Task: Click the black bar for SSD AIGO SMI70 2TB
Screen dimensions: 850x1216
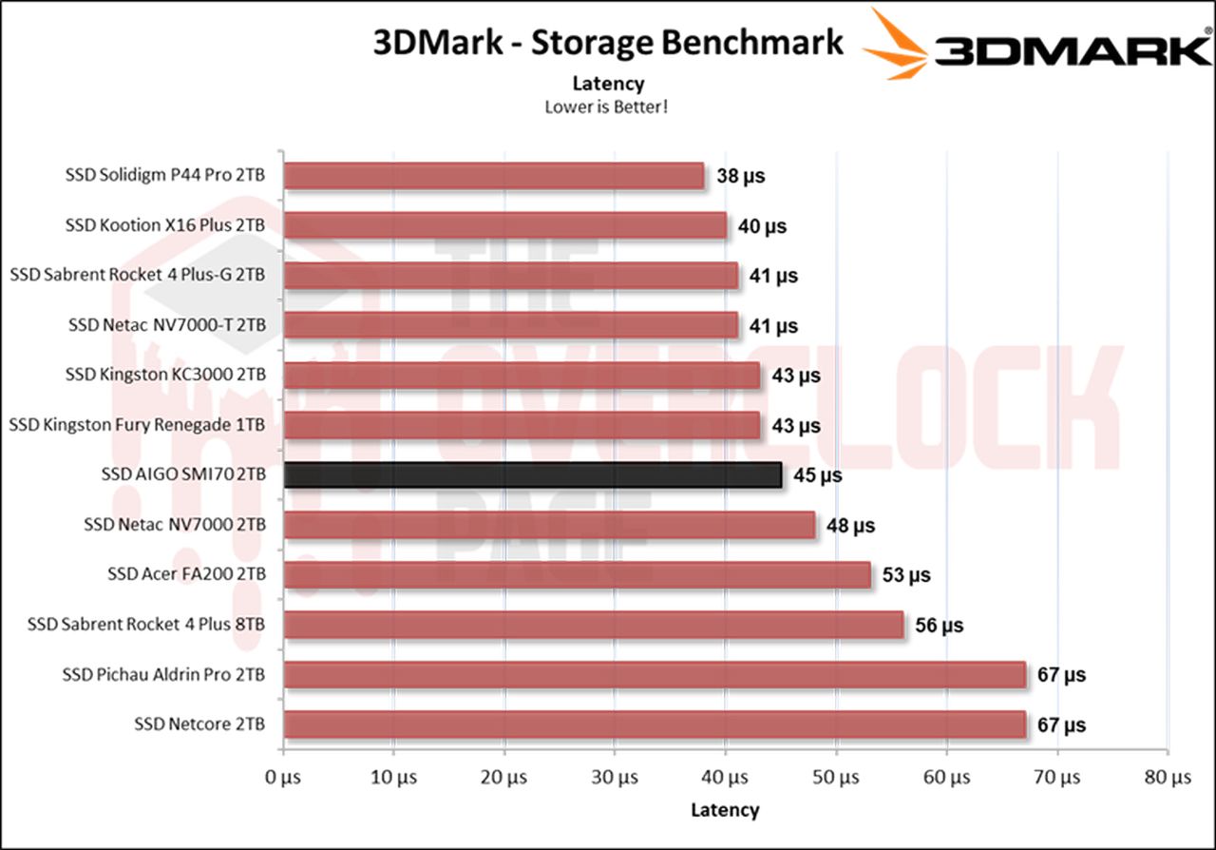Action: [x=532, y=474]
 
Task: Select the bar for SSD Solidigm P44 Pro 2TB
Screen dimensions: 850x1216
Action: [x=493, y=176]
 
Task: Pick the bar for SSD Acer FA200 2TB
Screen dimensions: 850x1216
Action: [x=577, y=574]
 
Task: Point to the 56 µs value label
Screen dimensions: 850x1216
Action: [x=940, y=625]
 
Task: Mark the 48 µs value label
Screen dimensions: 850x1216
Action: [x=850, y=525]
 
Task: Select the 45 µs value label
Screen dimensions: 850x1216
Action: [x=817, y=474]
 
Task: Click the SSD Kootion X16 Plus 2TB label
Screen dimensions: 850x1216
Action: [x=165, y=225]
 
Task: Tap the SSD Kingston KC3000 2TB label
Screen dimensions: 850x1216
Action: [x=165, y=375]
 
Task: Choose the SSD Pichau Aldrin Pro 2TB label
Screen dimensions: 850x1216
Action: [x=163, y=674]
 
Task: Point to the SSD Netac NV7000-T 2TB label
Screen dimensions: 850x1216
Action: [x=166, y=325]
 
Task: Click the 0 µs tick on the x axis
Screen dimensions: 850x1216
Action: [x=283, y=777]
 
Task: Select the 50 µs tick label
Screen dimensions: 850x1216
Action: [x=836, y=777]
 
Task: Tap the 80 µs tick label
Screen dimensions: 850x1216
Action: [x=1168, y=777]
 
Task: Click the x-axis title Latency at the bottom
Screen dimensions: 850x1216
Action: [x=725, y=810]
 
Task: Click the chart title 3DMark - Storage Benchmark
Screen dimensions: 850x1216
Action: [x=607, y=44]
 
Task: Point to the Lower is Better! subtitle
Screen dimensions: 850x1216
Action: [x=607, y=106]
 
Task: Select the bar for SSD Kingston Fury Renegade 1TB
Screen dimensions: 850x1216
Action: [x=522, y=425]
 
